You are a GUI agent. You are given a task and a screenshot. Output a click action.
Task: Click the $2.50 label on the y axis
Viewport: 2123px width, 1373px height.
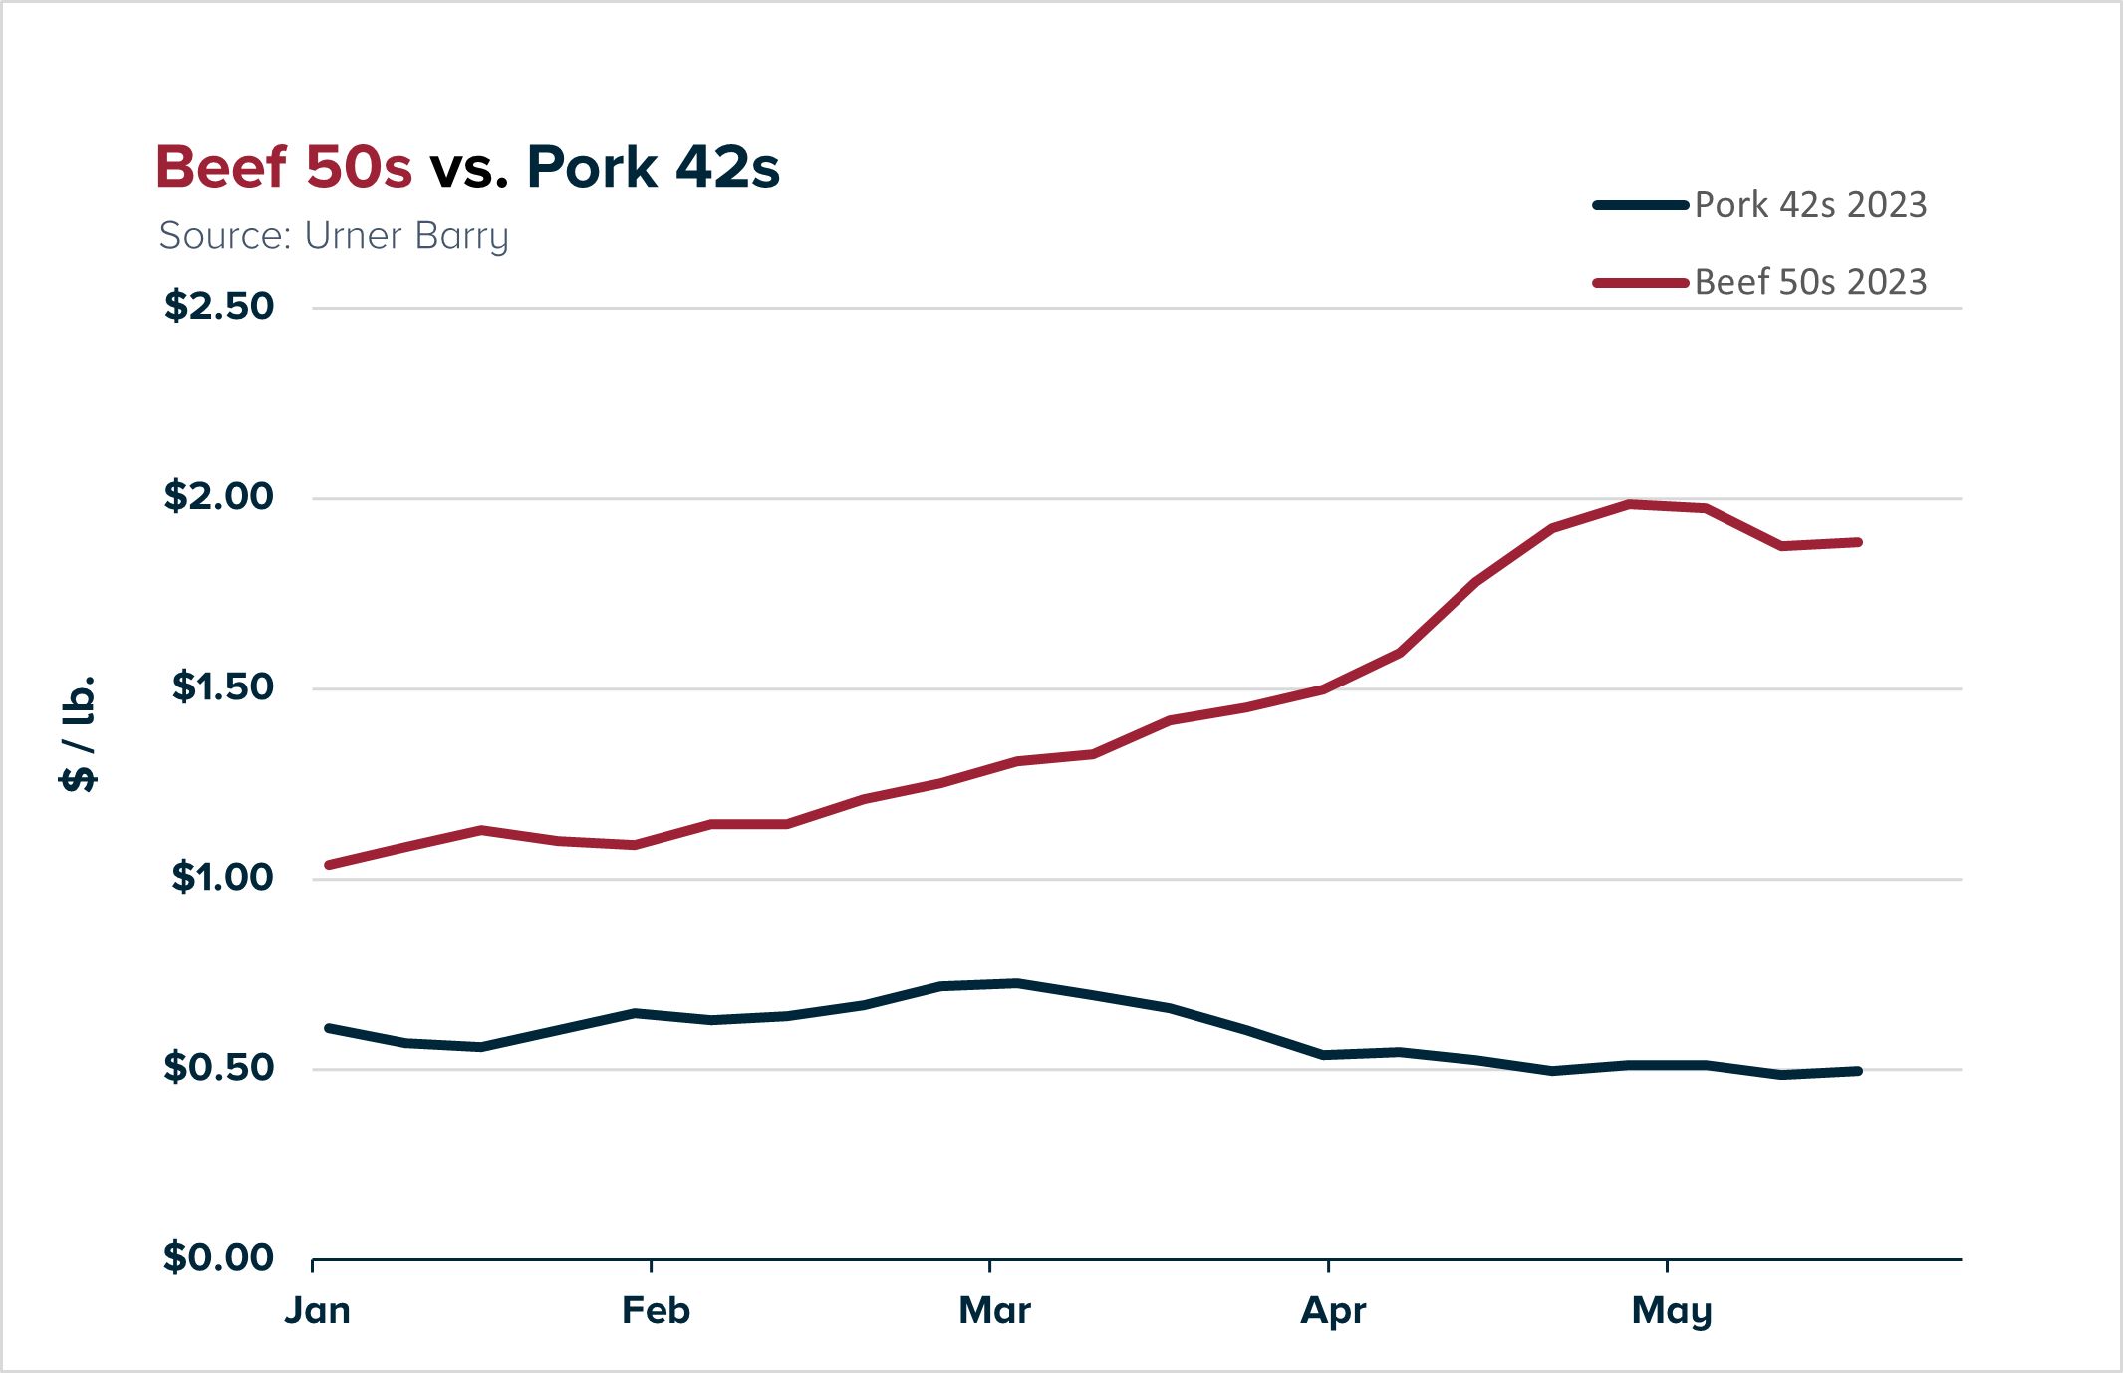pyautogui.click(x=218, y=306)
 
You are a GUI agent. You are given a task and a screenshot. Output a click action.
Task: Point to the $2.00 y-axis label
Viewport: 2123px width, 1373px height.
pyautogui.click(x=218, y=496)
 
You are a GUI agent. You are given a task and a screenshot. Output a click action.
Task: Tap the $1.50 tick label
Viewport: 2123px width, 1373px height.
pyautogui.click(x=222, y=686)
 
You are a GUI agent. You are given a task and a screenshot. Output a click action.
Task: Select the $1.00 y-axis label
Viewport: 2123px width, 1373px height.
pyautogui.click(x=222, y=877)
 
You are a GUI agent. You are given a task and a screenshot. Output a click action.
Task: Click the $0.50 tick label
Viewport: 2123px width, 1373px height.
pyautogui.click(x=218, y=1067)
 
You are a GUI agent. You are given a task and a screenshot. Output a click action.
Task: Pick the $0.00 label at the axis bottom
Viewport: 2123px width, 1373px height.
pyautogui.click(x=218, y=1257)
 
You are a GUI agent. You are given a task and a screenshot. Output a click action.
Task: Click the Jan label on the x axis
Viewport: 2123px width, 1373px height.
pyautogui.click(x=317, y=1310)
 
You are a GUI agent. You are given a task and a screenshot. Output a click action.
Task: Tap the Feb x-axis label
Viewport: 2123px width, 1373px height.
pyautogui.click(x=656, y=1310)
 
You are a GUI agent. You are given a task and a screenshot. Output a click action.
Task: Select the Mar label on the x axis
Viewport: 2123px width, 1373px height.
pyautogui.click(x=994, y=1310)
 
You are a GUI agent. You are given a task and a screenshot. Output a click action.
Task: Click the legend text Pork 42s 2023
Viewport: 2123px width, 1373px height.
pyautogui.click(x=1810, y=205)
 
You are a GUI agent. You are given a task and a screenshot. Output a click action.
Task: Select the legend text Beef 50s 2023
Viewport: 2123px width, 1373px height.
pyautogui.click(x=1810, y=282)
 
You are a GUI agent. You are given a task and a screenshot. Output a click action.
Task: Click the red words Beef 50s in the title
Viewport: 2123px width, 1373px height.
pyautogui.click(x=284, y=167)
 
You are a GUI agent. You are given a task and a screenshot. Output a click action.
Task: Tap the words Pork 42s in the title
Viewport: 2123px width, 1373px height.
pyautogui.click(x=653, y=167)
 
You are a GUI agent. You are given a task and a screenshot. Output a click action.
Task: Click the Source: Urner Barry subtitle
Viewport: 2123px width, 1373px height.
pyautogui.click(x=334, y=236)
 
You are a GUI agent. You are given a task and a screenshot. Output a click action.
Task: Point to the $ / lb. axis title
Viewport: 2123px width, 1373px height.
pyautogui.click(x=79, y=733)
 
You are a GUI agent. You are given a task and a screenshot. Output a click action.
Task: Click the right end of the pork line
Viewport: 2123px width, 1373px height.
pyautogui.click(x=1858, y=1071)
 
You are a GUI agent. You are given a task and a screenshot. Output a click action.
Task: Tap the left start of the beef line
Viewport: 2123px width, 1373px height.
pyautogui.click(x=329, y=865)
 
